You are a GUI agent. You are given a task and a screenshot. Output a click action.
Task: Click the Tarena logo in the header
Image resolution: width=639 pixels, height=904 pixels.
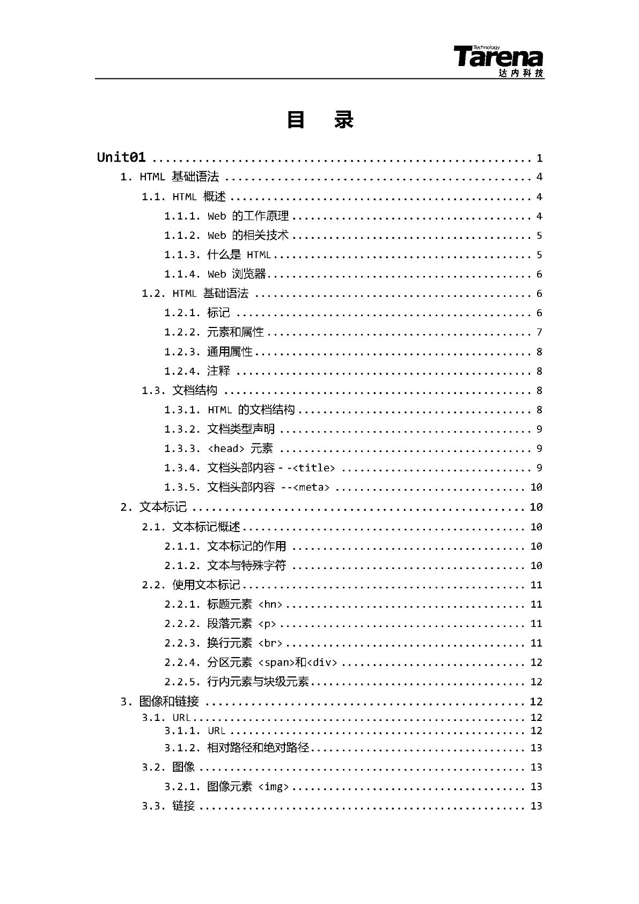[x=498, y=60]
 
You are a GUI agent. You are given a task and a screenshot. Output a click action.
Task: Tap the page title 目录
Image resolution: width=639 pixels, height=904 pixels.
[x=320, y=120]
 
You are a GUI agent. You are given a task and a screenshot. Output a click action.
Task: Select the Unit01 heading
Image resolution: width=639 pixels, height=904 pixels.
[x=121, y=157]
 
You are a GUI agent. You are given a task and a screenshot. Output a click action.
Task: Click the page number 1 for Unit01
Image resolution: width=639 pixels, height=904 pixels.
[x=539, y=158]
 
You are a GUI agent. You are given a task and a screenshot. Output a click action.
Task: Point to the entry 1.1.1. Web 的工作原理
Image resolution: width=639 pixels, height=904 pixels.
[x=226, y=216]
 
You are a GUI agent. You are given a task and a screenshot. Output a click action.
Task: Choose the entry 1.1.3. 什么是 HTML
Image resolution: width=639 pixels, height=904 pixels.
[x=217, y=254]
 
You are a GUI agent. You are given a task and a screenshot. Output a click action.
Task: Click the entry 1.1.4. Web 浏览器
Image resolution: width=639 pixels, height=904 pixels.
[x=215, y=274]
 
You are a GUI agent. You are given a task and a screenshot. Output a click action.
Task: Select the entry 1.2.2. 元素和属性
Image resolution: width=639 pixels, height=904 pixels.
[x=214, y=332]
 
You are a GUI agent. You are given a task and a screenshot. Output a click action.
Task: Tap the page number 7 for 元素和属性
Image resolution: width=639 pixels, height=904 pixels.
[x=539, y=332]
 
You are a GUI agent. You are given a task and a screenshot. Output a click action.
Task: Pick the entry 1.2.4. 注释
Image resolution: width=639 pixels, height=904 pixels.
[x=197, y=370]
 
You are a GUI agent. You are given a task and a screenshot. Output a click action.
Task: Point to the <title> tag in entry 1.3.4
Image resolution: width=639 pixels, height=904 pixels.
[x=314, y=468]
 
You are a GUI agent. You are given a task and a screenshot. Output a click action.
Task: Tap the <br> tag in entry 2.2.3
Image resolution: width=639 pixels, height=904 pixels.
[x=270, y=643]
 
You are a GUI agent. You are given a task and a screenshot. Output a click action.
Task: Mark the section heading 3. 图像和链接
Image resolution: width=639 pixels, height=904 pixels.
[x=160, y=701]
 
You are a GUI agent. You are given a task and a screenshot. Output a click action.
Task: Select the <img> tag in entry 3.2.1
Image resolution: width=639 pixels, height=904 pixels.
[x=274, y=786]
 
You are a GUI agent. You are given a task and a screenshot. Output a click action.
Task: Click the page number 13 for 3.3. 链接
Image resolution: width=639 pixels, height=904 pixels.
[x=536, y=806]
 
